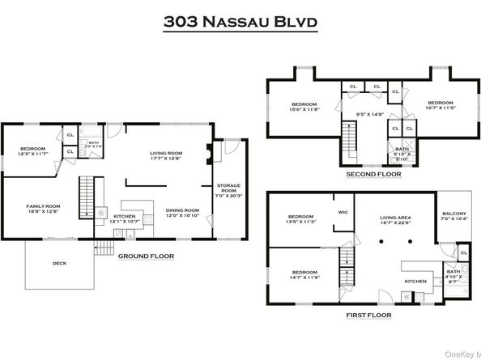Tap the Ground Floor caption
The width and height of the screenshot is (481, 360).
(147, 256)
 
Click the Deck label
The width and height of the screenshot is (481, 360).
(59, 263)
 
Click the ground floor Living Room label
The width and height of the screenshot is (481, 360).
(166, 155)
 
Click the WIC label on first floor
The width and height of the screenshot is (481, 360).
(343, 213)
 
